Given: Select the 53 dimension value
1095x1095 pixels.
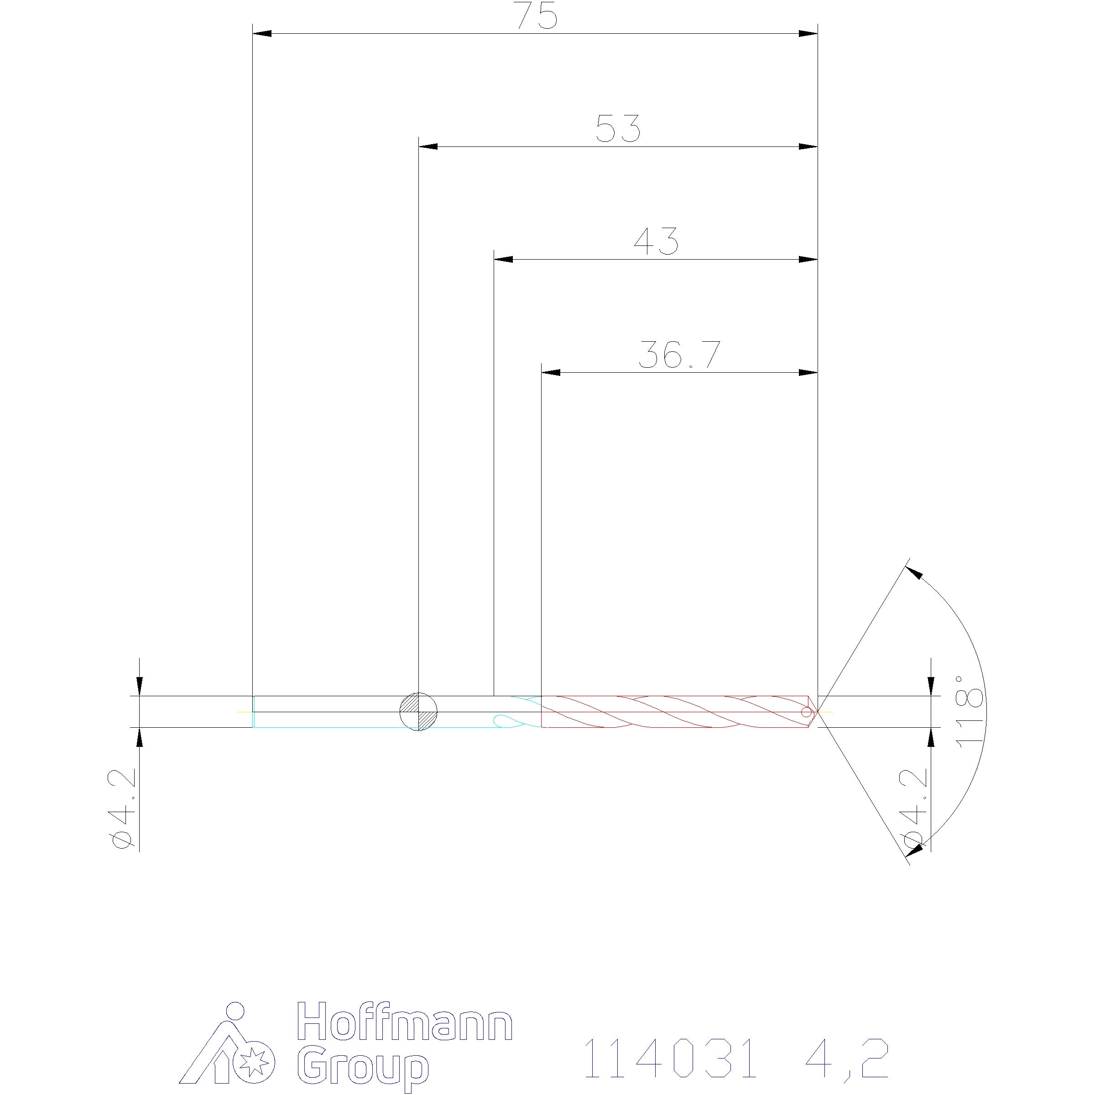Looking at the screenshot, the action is click(618, 129).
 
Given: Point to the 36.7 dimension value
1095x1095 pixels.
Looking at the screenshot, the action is click(679, 355).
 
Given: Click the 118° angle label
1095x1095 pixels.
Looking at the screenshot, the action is click(970, 711).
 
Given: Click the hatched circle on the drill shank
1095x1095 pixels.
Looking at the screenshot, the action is click(418, 712).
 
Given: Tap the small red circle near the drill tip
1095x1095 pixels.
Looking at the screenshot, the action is click(806, 712).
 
